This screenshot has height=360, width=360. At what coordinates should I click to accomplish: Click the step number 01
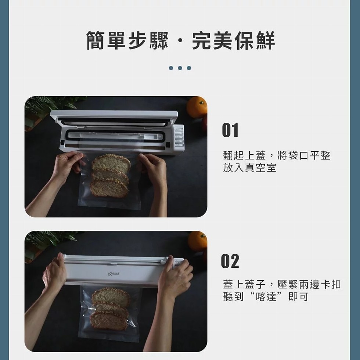tap(230, 130)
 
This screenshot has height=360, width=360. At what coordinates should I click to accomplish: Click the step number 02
tap(230, 261)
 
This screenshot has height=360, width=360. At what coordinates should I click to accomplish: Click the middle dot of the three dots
tap(180, 68)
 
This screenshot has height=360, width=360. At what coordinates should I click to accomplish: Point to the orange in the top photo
tap(197, 107)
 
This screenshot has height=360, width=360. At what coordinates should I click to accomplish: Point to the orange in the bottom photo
tap(198, 241)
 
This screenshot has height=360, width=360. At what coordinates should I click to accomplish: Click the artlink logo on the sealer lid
tap(114, 274)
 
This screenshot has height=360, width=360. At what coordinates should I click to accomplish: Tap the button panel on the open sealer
tap(179, 137)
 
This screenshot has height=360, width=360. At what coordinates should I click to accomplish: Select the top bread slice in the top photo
tap(111, 163)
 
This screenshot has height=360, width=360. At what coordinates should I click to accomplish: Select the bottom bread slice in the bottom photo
tap(109, 320)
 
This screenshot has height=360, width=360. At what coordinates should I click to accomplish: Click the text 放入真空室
tap(249, 168)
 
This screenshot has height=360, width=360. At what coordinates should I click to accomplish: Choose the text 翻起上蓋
tap(244, 155)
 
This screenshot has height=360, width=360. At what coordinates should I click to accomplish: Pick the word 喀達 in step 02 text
tap(266, 296)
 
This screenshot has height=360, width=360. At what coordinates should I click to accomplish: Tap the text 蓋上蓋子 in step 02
tap(244, 284)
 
